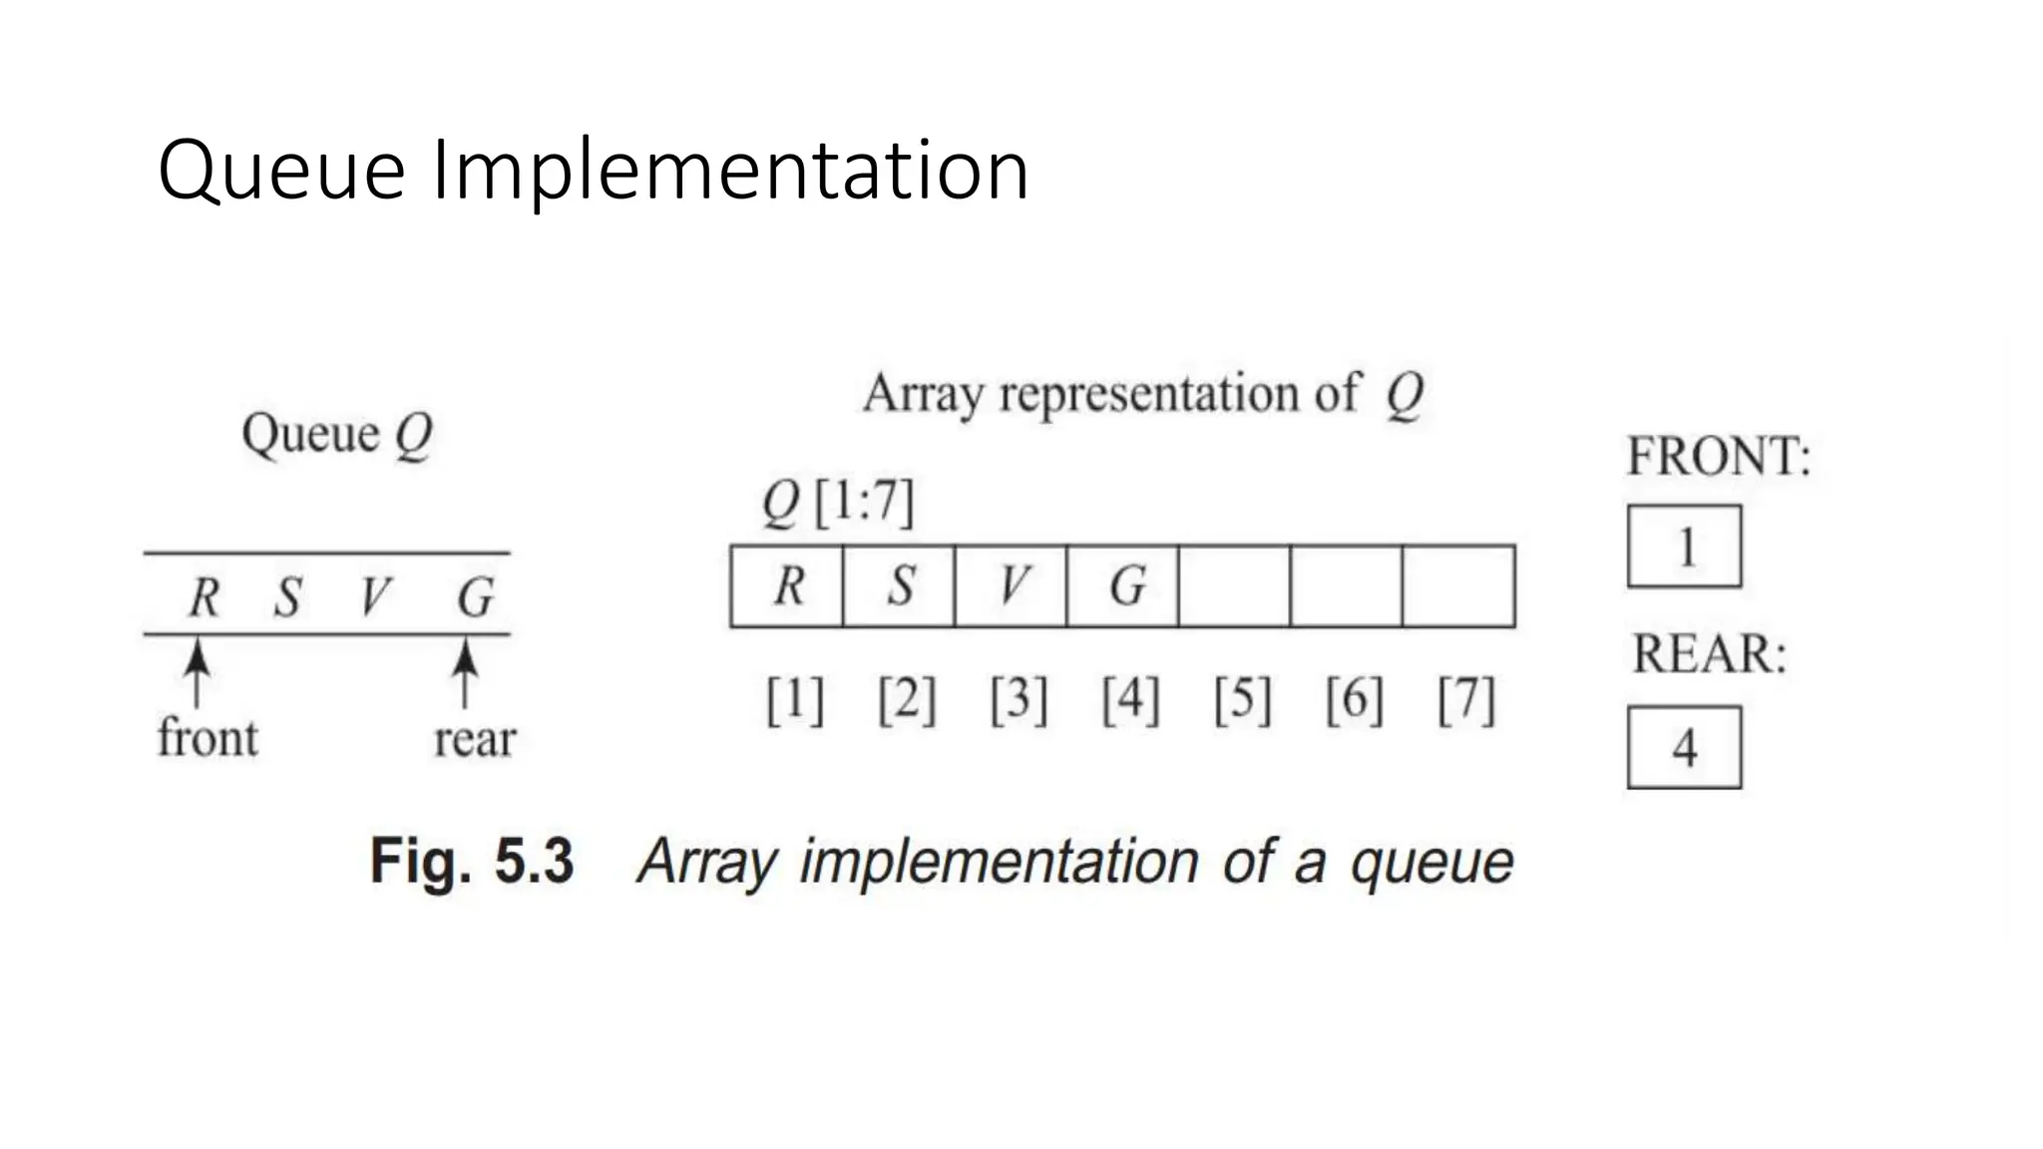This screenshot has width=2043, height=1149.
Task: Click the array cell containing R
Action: click(787, 586)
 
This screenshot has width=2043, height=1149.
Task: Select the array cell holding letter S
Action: click(899, 586)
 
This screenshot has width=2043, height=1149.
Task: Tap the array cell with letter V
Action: click(1011, 586)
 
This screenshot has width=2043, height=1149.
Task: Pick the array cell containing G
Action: click(1122, 586)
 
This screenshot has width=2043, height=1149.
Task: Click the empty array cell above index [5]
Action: click(1234, 586)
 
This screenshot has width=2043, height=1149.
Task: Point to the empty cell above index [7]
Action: click(1458, 586)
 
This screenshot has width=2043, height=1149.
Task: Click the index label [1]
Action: click(795, 700)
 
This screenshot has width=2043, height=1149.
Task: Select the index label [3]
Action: click(1019, 700)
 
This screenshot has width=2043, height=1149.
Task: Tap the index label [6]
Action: click(1354, 700)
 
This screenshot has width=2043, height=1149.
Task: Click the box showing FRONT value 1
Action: click(1685, 547)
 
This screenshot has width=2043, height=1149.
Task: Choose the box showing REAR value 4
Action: click(1685, 748)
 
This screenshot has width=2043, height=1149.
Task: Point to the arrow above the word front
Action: click(199, 672)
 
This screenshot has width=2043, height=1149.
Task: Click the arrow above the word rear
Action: click(464, 672)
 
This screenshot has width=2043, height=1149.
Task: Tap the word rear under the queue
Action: click(475, 740)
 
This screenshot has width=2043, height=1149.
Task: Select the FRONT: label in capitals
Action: click(1718, 457)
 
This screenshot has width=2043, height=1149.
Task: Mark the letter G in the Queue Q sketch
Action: click(475, 597)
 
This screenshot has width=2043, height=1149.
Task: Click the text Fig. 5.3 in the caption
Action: click(472, 861)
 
